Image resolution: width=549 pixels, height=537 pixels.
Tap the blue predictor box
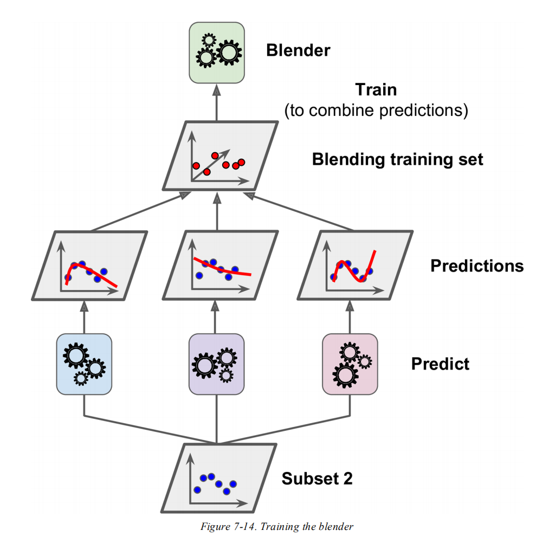(84, 364)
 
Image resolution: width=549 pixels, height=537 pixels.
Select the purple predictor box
(216, 364)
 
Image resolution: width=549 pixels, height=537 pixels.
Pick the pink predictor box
(350, 364)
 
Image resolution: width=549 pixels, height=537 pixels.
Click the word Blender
(298, 51)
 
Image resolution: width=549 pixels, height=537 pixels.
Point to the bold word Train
(376, 89)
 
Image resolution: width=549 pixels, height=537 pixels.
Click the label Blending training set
(397, 160)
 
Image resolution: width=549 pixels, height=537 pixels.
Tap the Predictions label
(477, 266)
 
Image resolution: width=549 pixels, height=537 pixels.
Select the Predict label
(440, 363)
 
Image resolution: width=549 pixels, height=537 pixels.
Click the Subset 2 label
(317, 478)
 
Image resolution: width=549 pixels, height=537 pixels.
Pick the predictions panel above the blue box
(90, 266)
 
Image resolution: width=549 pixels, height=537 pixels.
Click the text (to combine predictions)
(376, 111)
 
